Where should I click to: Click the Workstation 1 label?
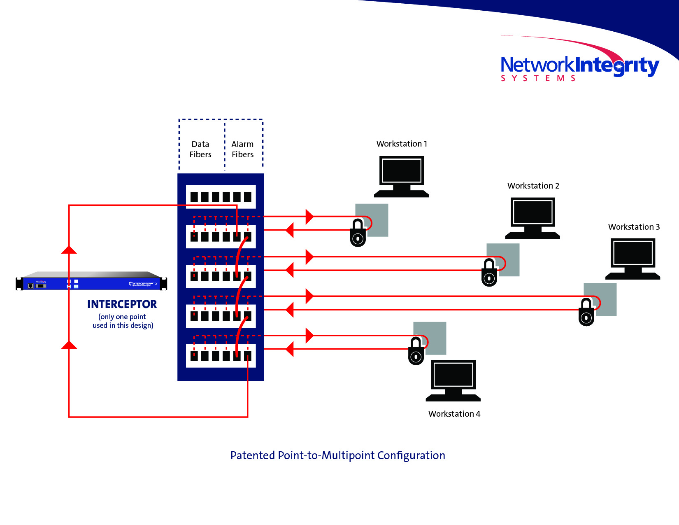tap(402, 144)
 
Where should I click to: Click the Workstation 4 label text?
tap(454, 414)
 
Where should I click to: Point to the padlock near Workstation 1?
tap(358, 233)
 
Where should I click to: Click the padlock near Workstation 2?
tap(489, 273)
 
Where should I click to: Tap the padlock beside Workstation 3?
tap(586, 313)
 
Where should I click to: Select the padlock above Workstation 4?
tap(416, 352)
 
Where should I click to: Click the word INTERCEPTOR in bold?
tap(122, 304)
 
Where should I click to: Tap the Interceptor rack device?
tap(91, 282)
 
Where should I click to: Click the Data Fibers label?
tap(200, 149)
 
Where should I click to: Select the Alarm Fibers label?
tap(242, 149)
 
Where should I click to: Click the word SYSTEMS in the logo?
tap(538, 78)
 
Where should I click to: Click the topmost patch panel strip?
tap(221, 197)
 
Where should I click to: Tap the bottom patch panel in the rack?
tap(221, 355)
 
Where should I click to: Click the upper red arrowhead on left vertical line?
tap(69, 250)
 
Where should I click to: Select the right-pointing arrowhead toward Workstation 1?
tap(309, 216)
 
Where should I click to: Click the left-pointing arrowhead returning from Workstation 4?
tap(290, 349)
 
